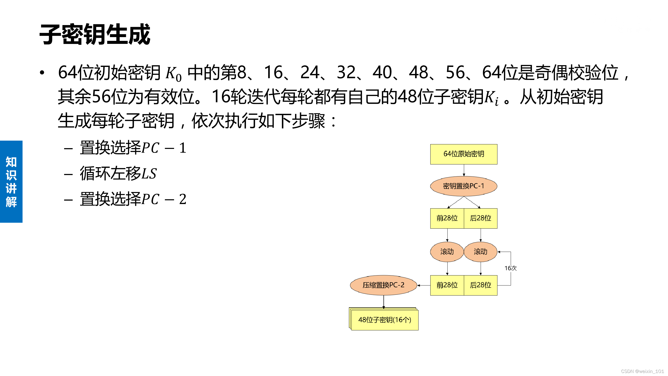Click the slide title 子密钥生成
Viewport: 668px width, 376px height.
95,34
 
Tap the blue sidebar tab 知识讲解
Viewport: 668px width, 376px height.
11,182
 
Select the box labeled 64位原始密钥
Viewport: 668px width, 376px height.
464,154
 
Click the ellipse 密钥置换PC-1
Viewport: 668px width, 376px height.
464,186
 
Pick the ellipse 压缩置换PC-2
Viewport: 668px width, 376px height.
383,285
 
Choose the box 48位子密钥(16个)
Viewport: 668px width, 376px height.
384,320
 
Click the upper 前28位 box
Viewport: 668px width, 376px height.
447,218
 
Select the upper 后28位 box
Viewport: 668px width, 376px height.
480,218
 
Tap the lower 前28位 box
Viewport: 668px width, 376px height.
447,285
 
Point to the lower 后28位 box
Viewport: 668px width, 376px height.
480,285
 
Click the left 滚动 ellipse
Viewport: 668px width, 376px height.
447,252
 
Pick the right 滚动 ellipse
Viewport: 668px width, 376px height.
480,252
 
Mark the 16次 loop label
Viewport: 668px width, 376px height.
510,268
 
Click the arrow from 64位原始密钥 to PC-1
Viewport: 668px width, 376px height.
464,170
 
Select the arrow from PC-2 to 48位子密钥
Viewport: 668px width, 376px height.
384,302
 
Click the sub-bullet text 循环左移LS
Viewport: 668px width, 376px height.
118,173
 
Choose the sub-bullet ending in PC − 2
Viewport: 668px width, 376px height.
133,199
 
